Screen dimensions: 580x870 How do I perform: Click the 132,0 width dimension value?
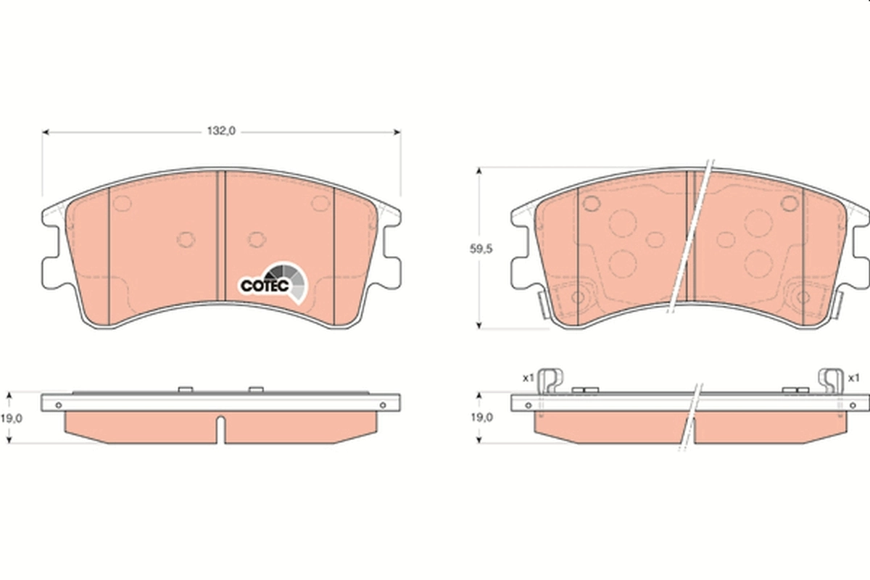tap(223, 131)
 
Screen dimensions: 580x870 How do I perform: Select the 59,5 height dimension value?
tap(481, 249)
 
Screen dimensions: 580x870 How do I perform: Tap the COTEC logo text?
tap(265, 286)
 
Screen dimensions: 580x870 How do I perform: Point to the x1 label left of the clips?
tap(528, 377)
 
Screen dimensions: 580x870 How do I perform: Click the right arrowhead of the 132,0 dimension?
tap(397, 132)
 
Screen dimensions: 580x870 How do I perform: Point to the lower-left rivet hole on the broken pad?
tap(579, 297)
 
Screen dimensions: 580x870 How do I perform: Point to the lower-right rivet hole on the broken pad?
tap(803, 297)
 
